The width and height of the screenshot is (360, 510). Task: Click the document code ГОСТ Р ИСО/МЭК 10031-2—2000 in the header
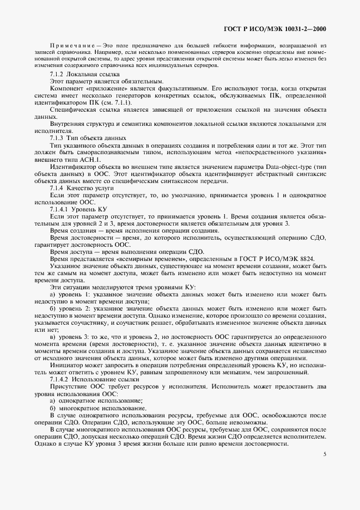pos(282,28)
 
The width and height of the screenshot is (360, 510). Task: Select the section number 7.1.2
pos(57,74)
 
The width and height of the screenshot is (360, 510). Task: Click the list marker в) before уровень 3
pos(53,336)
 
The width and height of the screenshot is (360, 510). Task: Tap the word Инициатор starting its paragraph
pos(65,365)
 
